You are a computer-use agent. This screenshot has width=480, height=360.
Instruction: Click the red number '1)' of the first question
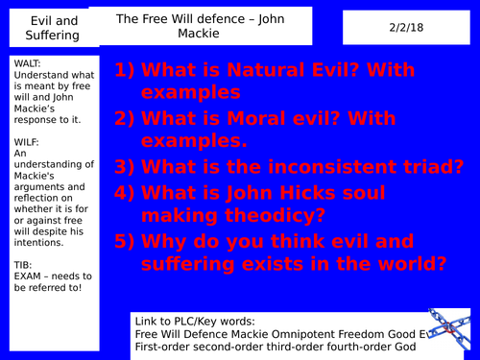tap(127, 71)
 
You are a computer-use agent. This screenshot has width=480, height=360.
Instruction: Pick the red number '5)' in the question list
tap(127, 237)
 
